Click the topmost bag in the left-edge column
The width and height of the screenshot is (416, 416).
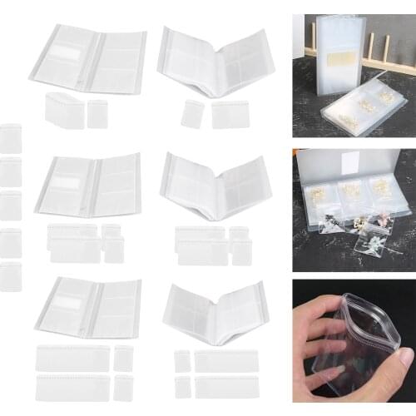pyautogui.click(x=10, y=137)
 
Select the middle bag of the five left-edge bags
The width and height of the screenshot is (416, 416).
pyautogui.click(x=10, y=205)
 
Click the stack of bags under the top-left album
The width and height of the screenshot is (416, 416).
pyautogui.click(x=63, y=109)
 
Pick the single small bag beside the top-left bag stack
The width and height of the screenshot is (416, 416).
pyautogui.click(x=97, y=113)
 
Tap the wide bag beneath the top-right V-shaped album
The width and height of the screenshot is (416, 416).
pyautogui.click(x=230, y=114)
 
